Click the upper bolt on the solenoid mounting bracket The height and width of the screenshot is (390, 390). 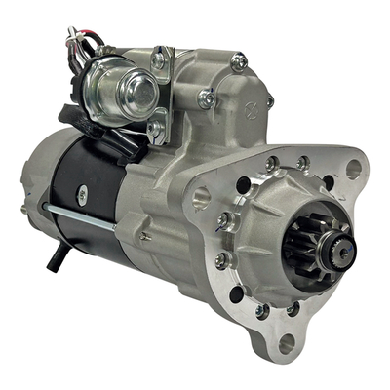coord(158,60)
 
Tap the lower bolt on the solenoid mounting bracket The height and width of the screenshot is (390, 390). coord(155,127)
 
